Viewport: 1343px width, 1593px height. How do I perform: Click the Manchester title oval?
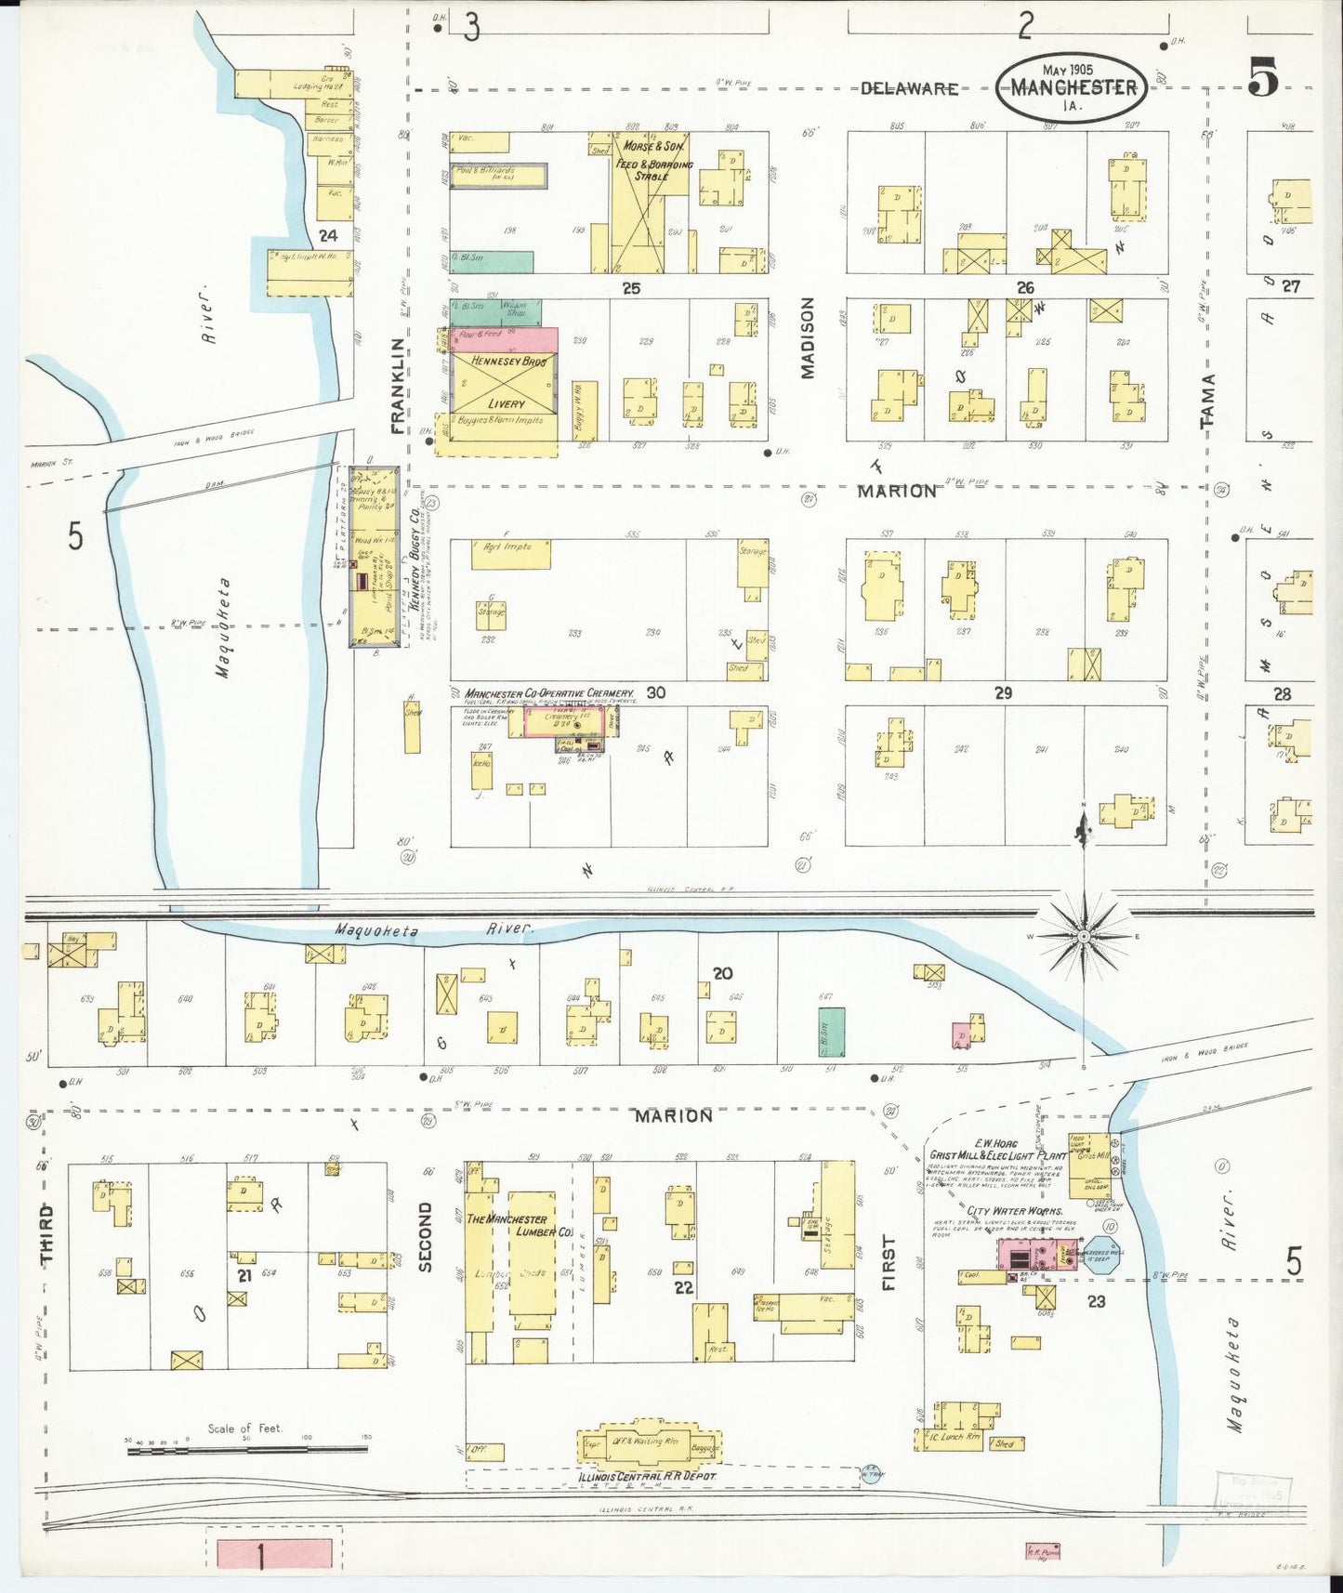coord(1073,86)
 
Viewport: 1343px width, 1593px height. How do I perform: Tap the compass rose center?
coord(1083,937)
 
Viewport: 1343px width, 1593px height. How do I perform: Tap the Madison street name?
coord(807,337)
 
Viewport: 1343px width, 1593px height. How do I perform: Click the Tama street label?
coord(1207,401)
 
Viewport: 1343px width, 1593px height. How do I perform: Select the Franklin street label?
coord(398,385)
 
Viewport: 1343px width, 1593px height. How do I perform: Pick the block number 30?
coord(656,692)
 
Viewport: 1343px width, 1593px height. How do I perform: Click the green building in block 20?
coord(831,1032)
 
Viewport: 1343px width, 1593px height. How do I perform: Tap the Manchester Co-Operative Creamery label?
coord(549,693)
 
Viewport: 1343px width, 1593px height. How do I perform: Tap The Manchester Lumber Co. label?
coord(520,1225)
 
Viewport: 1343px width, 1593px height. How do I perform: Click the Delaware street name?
coord(908,88)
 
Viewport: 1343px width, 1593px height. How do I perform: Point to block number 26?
coord(1024,288)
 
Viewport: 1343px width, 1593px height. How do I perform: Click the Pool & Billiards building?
coord(498,175)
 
